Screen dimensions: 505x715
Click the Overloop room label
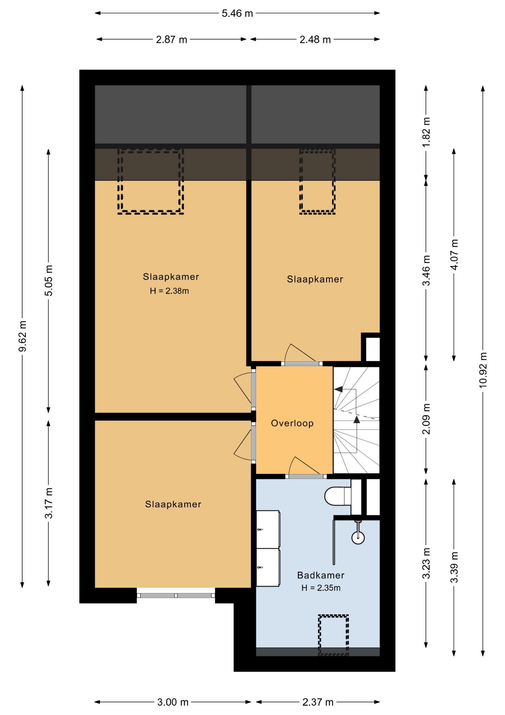292,423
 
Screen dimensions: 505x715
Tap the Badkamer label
321,575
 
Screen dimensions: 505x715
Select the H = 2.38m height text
169,291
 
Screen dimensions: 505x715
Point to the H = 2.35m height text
321,588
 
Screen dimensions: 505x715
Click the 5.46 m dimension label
237,13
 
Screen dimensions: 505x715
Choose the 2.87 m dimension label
171,39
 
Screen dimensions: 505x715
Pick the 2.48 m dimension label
315,39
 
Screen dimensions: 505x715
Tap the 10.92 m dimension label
483,370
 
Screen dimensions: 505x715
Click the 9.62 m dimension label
23,336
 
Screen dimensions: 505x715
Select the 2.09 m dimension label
426,419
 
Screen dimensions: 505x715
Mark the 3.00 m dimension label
173,702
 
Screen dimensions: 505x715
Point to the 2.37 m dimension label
318,702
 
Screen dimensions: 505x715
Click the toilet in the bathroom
338,496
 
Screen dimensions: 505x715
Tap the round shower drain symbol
358,537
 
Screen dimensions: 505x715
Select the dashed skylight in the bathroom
333,635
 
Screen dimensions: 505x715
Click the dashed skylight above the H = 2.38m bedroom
151,181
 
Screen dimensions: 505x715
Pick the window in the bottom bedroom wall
176,595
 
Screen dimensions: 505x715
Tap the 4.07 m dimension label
454,255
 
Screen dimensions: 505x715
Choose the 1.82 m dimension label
426,133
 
